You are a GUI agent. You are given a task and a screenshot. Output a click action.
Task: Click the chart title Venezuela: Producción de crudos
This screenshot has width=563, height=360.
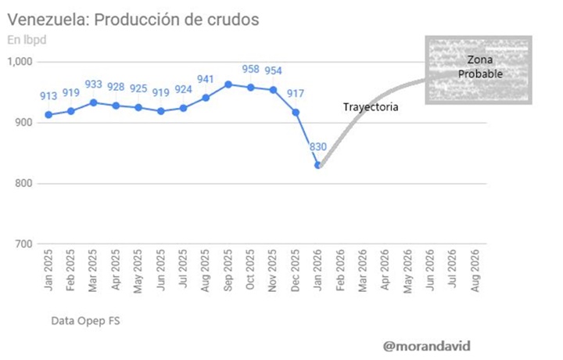tap(133, 18)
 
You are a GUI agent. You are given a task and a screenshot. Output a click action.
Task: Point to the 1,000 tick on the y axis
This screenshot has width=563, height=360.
tap(21, 62)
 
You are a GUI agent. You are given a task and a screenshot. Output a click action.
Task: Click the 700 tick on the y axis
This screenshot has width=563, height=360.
tap(24, 244)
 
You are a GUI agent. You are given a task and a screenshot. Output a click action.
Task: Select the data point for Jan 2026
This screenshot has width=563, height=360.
tap(318, 165)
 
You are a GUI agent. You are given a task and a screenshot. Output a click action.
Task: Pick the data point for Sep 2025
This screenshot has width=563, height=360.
tap(228, 84)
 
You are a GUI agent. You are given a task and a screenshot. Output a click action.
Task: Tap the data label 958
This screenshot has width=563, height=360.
tap(251, 69)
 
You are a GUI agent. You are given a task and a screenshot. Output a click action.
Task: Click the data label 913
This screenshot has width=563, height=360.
tap(49, 96)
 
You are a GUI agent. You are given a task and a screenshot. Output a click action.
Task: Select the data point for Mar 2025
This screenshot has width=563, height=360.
tap(94, 103)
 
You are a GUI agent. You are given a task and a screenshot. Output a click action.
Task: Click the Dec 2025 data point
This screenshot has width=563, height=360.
tap(296, 112)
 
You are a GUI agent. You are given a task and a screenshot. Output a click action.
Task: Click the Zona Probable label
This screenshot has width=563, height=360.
tap(480, 67)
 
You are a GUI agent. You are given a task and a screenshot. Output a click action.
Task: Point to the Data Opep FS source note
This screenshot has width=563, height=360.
tap(85, 321)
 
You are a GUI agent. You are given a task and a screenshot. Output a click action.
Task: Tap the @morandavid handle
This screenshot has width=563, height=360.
tap(427, 344)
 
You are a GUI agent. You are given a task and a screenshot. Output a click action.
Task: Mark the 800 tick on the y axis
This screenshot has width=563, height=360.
tap(24, 183)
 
